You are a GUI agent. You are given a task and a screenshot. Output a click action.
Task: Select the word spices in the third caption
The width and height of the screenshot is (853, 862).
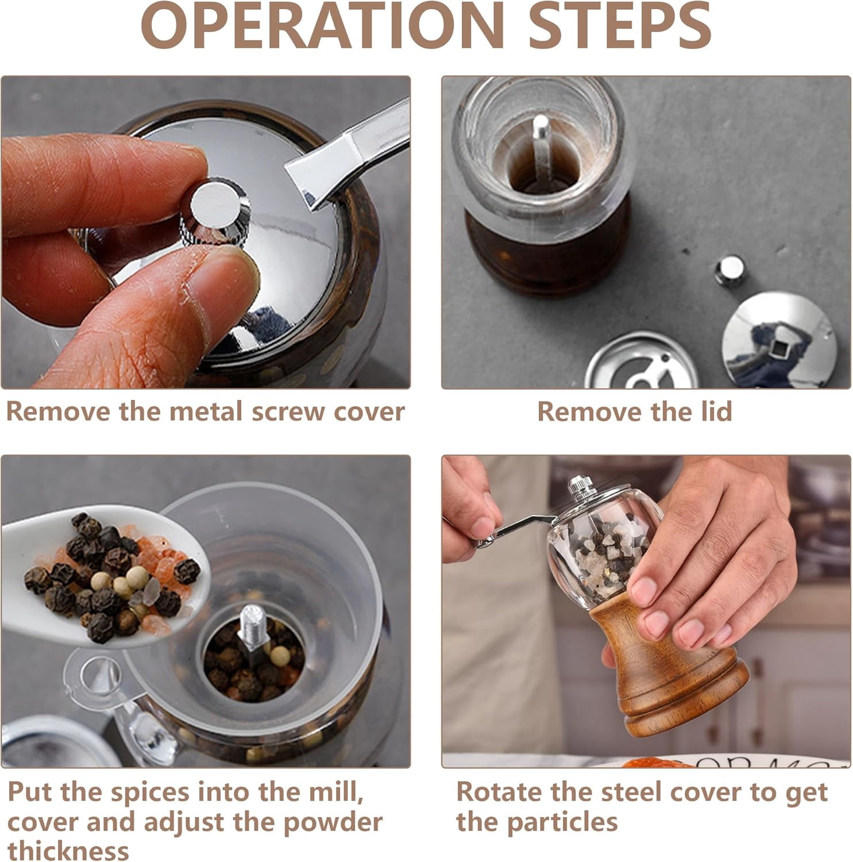tap(150, 793)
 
